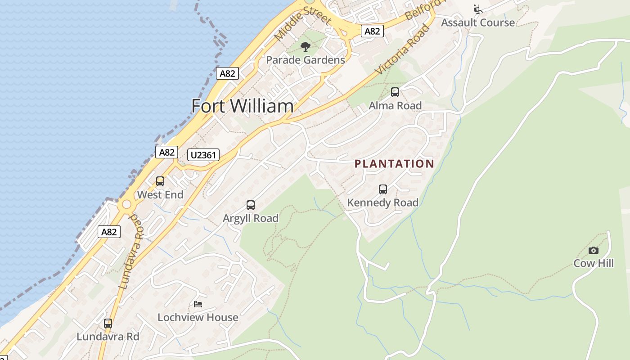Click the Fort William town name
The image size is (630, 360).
pyautogui.click(x=242, y=106)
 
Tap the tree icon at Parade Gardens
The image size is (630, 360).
pyautogui.click(x=306, y=46)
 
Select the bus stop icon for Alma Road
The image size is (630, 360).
pyautogui.click(x=395, y=92)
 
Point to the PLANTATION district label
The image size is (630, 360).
pyautogui.click(x=394, y=164)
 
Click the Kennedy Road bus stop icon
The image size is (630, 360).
pyautogui.click(x=383, y=189)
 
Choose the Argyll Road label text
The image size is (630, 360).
pyautogui.click(x=251, y=218)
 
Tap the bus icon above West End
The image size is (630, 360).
pyautogui.click(x=160, y=181)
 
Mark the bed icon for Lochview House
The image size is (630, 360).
pyautogui.click(x=198, y=304)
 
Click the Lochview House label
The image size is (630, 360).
pyautogui.click(x=198, y=317)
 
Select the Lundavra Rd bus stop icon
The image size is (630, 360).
pyautogui.click(x=108, y=323)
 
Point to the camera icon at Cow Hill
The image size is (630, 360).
pyautogui.click(x=594, y=250)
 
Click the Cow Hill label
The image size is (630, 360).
pyautogui.click(x=594, y=263)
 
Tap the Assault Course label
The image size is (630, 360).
pyautogui.click(x=478, y=22)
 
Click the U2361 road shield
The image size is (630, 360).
pyautogui.click(x=203, y=155)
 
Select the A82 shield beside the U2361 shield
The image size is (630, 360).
pyautogui.click(x=166, y=152)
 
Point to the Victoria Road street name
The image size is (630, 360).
pyautogui.click(x=402, y=49)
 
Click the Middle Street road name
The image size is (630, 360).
pyautogui.click(x=303, y=23)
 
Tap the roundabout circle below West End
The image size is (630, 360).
pyautogui.click(x=126, y=205)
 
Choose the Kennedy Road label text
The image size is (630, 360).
pyautogui.click(x=383, y=203)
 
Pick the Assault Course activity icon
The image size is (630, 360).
pyautogui.click(x=478, y=9)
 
